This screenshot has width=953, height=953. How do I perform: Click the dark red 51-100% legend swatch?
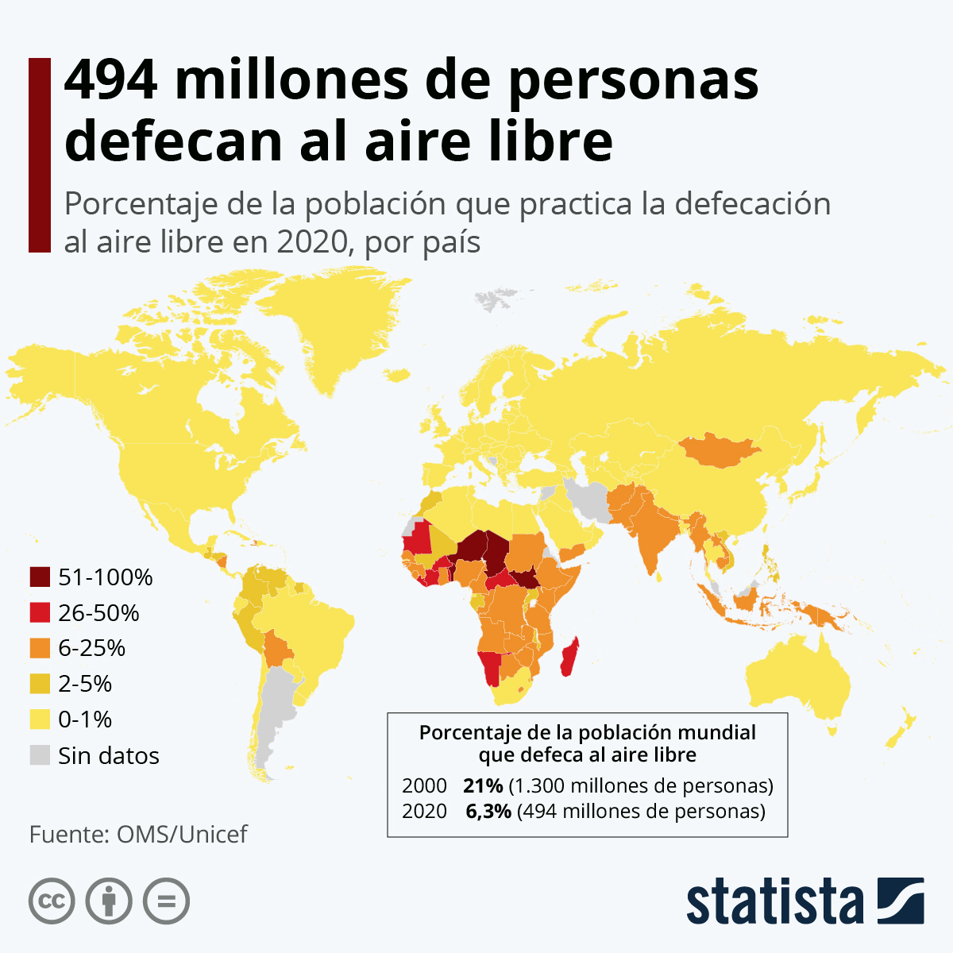point(40,577)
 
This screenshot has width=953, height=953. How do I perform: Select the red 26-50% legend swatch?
point(40,613)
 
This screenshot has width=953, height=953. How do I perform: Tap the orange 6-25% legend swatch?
point(40,649)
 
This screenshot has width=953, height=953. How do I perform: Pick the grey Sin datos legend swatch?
point(40,755)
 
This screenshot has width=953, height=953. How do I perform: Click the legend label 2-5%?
point(85,684)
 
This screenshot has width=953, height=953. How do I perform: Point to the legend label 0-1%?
point(85,720)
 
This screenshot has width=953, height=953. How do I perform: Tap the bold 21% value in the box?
point(483,786)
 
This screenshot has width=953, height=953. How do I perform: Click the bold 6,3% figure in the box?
point(488,812)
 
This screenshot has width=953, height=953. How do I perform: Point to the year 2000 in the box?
point(424,786)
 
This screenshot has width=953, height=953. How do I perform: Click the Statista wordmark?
point(774,902)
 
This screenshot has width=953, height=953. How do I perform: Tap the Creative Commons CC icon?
point(52,901)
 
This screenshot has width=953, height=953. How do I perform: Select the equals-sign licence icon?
point(167,901)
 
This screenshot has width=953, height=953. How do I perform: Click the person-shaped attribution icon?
point(109,901)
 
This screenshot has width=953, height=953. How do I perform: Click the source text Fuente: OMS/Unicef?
point(138,835)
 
